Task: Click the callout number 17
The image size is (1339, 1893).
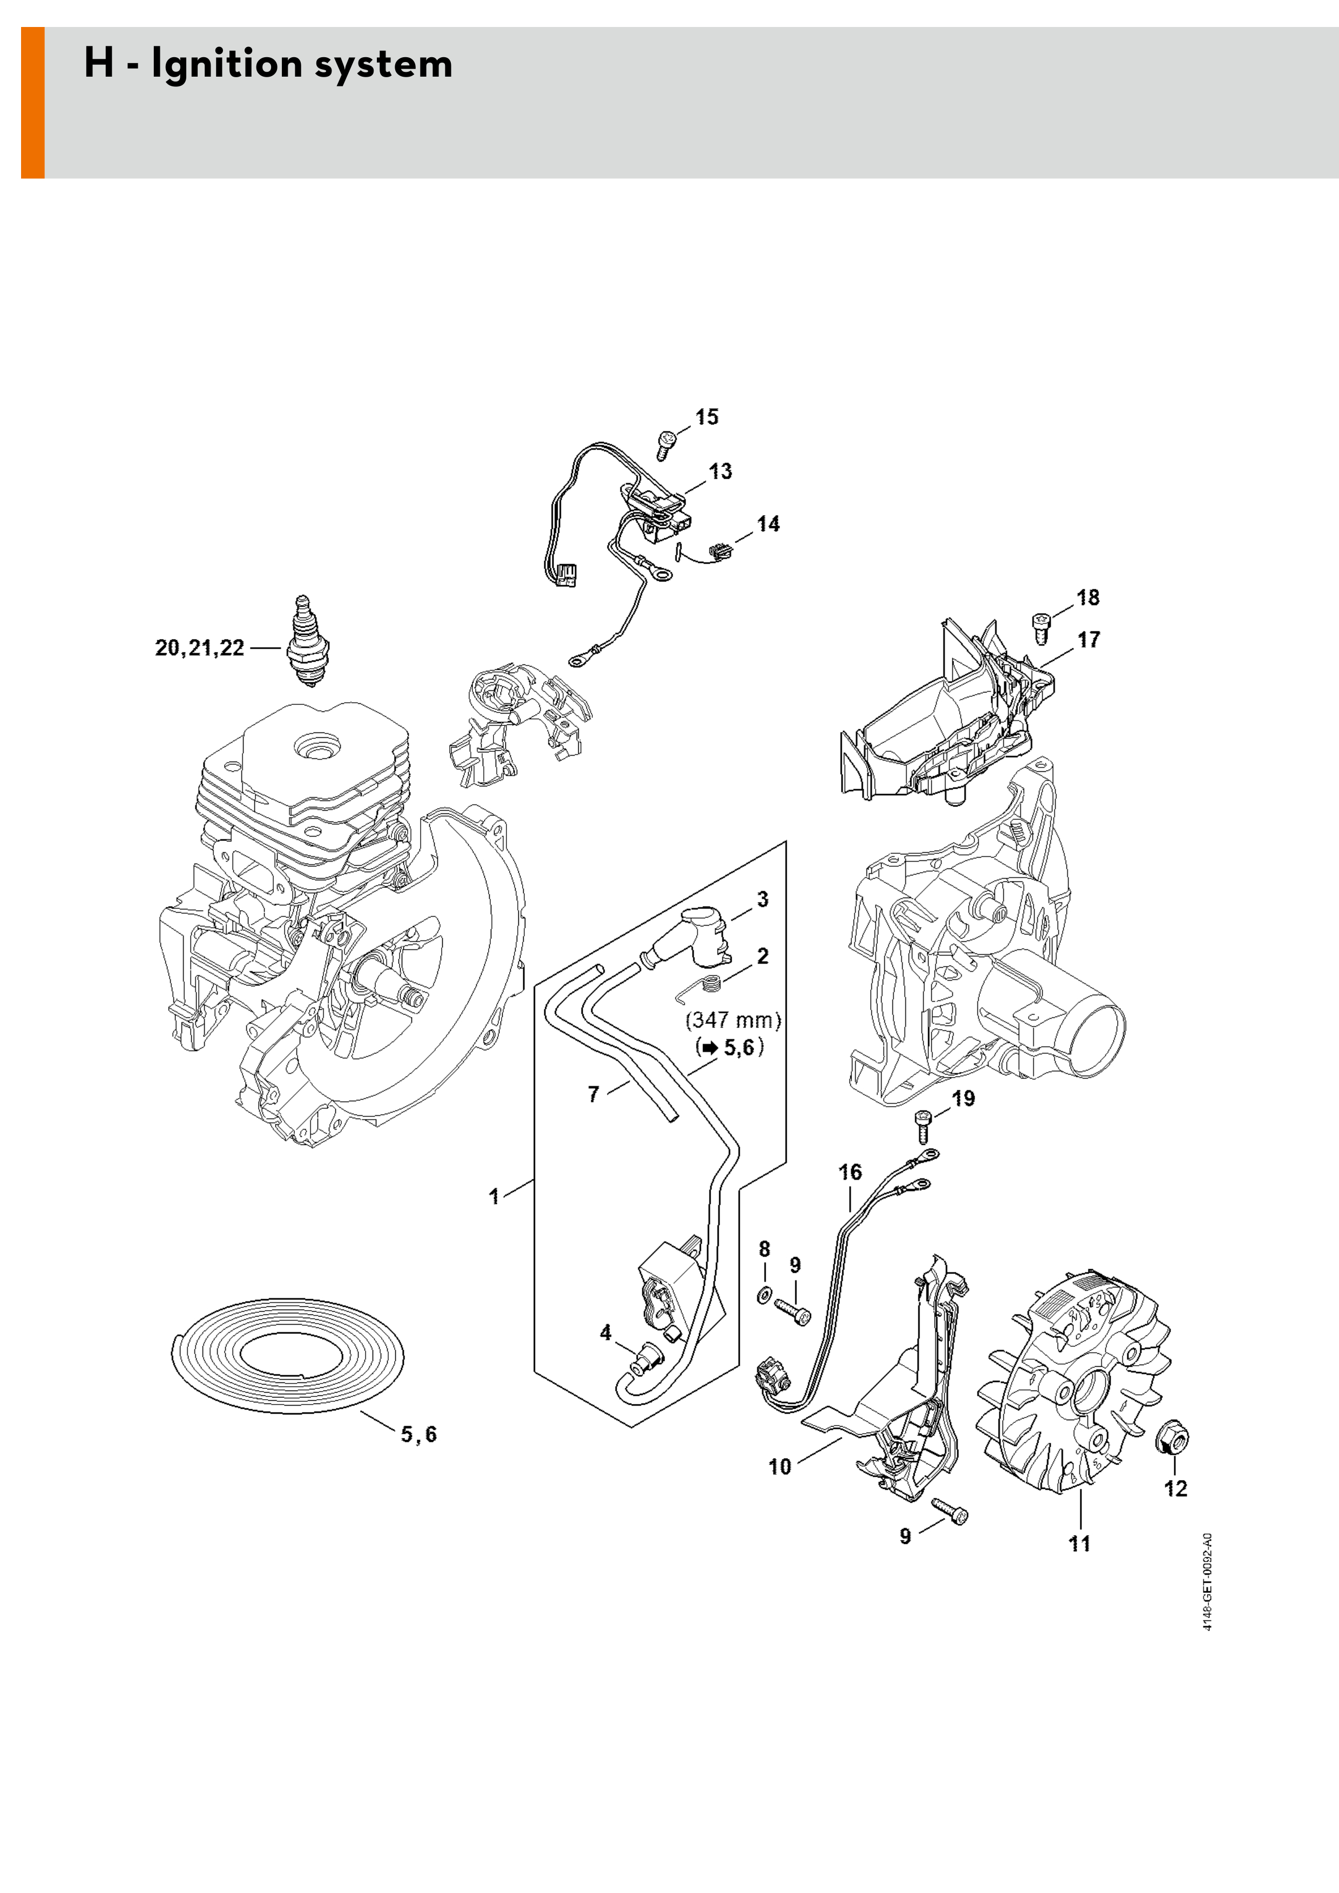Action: click(1088, 640)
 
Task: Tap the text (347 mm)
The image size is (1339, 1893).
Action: click(733, 1021)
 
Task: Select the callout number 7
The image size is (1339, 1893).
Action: click(593, 1094)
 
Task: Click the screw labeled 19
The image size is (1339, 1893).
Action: click(923, 1126)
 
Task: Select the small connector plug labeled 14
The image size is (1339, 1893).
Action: click(720, 550)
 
